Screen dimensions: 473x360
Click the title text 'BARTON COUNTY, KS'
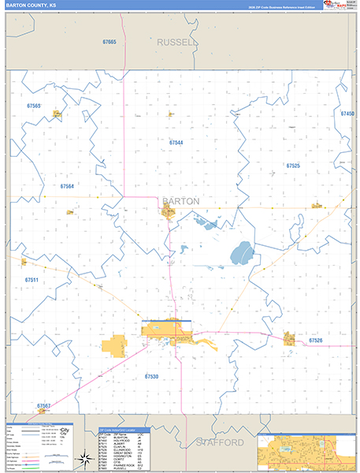click(x=32, y=5)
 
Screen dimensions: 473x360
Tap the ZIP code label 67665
click(x=109, y=42)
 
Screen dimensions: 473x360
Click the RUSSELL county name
click(x=176, y=42)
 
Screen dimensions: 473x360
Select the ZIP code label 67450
click(x=347, y=114)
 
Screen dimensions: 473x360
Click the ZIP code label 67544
click(x=176, y=143)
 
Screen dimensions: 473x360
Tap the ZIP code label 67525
click(x=293, y=166)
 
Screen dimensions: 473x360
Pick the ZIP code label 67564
click(x=67, y=186)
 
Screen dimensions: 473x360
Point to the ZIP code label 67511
click(x=31, y=280)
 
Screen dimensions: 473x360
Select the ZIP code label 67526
click(x=315, y=340)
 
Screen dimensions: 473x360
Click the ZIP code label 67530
click(x=151, y=377)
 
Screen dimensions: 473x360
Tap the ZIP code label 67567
click(x=43, y=406)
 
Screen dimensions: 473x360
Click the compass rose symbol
click(x=84, y=458)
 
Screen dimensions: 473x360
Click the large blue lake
click(x=241, y=254)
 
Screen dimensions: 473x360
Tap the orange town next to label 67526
click(x=289, y=338)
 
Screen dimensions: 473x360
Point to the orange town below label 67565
click(x=58, y=114)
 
